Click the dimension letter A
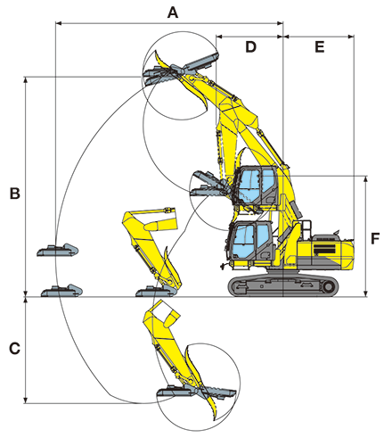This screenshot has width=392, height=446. pyautogui.click(x=173, y=12)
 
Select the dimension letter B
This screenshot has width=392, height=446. pyautogui.click(x=15, y=194)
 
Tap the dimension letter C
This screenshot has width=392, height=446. pyautogui.click(x=14, y=349)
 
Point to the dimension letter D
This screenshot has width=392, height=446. pyautogui.click(x=250, y=47)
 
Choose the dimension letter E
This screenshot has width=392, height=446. pyautogui.click(x=320, y=47)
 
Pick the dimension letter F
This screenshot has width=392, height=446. pyautogui.click(x=375, y=238)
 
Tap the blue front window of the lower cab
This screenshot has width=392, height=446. pyautogui.click(x=243, y=243)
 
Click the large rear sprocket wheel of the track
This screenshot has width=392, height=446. pyautogui.click(x=328, y=286)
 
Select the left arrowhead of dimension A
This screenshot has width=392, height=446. pyautogui.click(x=59, y=23)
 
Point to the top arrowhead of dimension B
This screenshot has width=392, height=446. pyautogui.click(x=26, y=79)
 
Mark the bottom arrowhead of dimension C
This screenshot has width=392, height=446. pyautogui.click(x=26, y=401)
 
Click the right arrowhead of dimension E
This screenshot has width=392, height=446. pyautogui.click(x=351, y=37)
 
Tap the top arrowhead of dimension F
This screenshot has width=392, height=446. pyautogui.click(x=366, y=178)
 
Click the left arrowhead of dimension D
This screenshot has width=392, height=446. pyautogui.click(x=219, y=37)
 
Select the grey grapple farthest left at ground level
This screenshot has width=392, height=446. pyautogui.click(x=61, y=291)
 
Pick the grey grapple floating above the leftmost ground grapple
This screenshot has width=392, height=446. pyautogui.click(x=58, y=251)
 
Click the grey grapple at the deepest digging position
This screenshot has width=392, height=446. pyautogui.click(x=196, y=392)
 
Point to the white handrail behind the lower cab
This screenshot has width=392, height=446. pyautogui.click(x=306, y=228)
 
